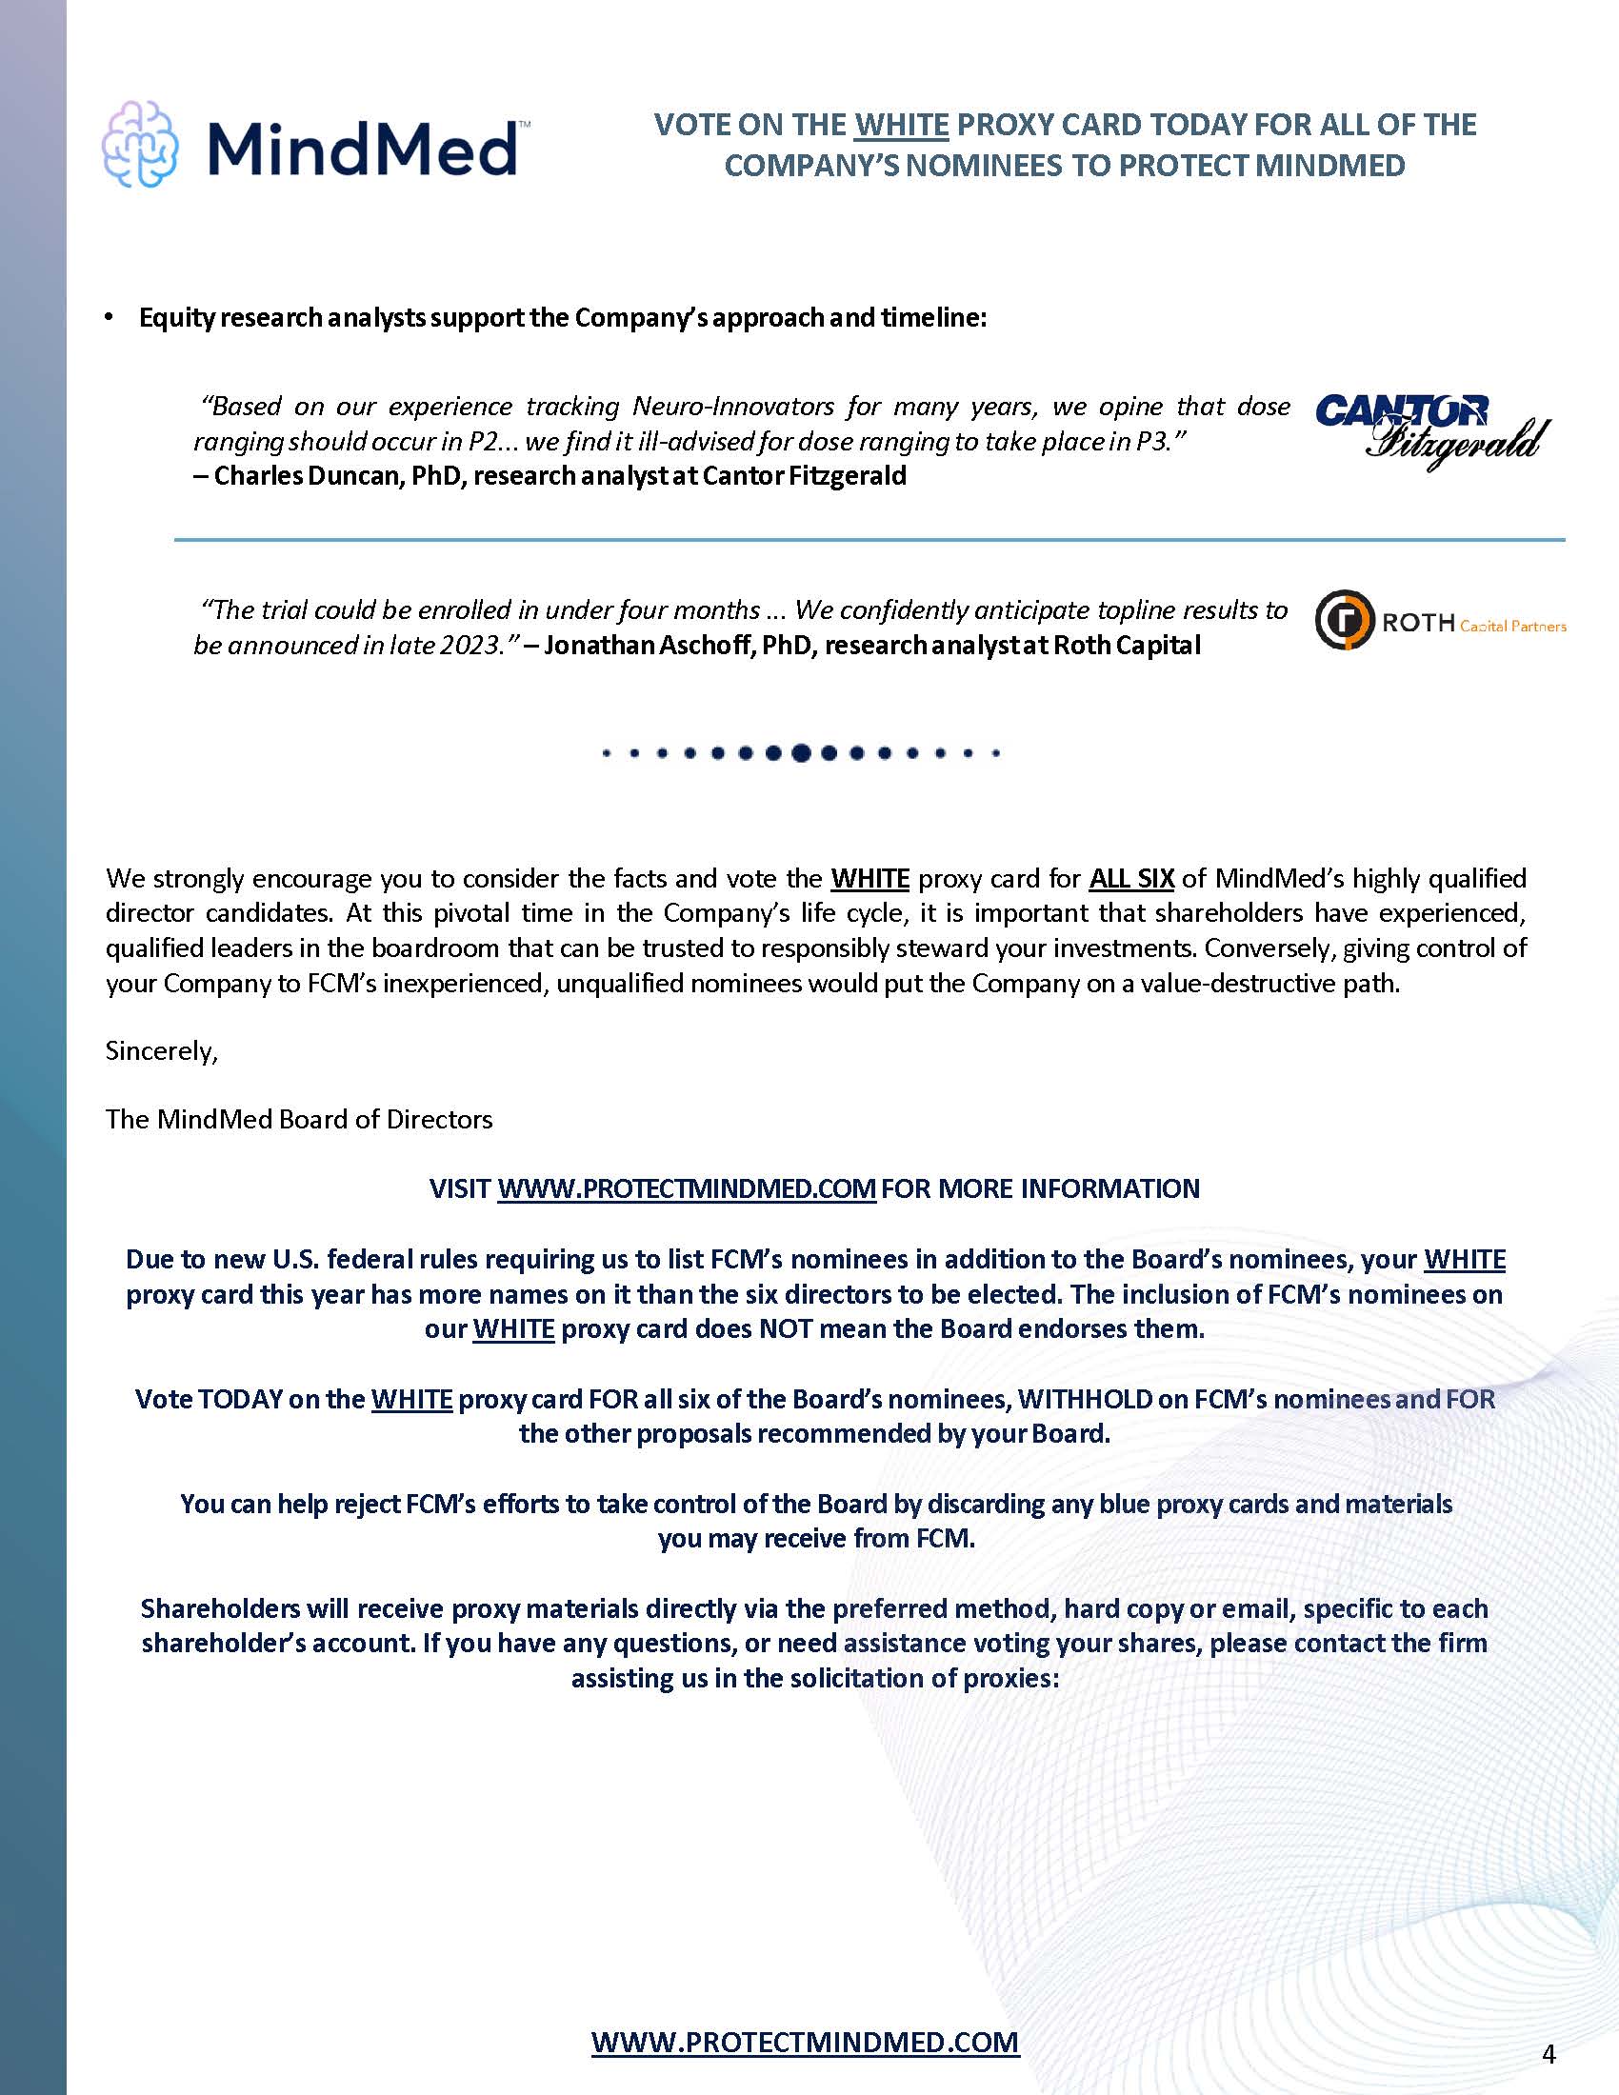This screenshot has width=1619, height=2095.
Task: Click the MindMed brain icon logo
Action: [140, 144]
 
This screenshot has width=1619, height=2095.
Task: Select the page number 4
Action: [1548, 2054]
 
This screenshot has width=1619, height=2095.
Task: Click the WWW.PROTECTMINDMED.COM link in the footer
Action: [805, 2042]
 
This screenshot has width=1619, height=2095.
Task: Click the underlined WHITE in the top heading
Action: [901, 125]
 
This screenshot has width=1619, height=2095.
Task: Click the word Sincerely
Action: [161, 1051]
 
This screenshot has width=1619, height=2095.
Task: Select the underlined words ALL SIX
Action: [1130, 879]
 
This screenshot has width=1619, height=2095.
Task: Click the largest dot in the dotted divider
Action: [802, 753]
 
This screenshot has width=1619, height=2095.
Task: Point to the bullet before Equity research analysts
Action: [110, 317]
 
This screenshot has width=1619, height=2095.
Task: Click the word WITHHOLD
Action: [1084, 1399]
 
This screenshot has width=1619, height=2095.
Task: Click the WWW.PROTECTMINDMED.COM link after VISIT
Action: [686, 1188]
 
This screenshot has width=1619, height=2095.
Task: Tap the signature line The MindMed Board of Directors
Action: [299, 1120]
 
